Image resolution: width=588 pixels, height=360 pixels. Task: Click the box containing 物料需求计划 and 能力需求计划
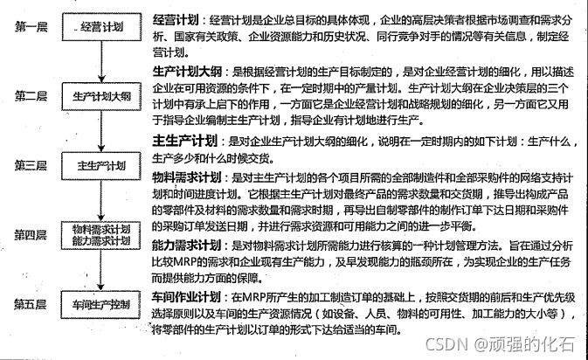[100, 234]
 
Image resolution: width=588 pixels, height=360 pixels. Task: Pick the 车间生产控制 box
[100, 305]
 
